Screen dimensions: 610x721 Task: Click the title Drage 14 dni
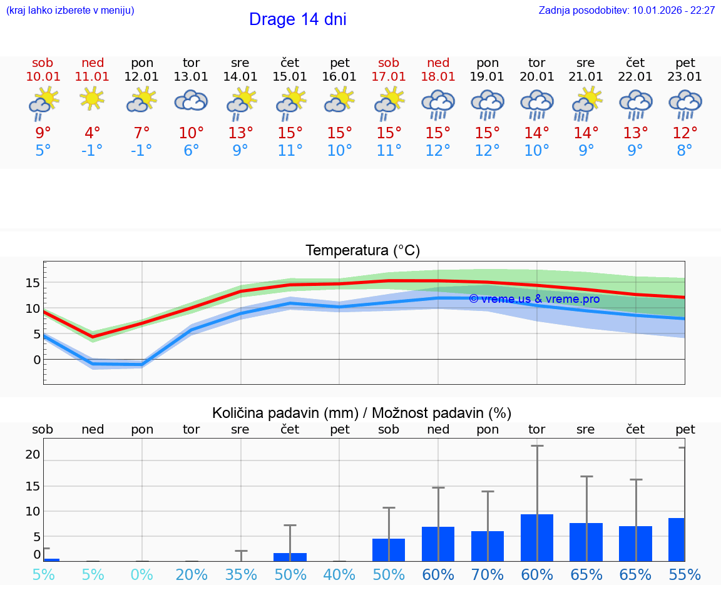(297, 19)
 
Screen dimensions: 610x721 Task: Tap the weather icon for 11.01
(92, 98)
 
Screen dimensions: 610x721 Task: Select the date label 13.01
(191, 76)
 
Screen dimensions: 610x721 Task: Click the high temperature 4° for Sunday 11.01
(92, 133)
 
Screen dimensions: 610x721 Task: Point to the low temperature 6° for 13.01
(191, 150)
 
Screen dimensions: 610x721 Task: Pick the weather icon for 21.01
(586, 103)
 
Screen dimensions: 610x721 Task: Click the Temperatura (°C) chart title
(362, 251)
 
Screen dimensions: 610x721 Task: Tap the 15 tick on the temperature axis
(33, 283)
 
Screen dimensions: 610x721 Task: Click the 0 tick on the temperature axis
(37, 360)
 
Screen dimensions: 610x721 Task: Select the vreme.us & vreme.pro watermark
(534, 299)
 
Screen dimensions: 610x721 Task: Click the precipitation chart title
(362, 413)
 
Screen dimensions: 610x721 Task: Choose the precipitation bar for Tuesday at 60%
(537, 537)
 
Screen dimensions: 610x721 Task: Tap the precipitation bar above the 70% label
(488, 546)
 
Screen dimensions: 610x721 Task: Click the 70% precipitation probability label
(488, 575)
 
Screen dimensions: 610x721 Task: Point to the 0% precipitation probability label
(142, 575)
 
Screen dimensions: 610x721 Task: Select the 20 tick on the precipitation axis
(33, 454)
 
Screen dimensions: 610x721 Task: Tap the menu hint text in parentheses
(70, 11)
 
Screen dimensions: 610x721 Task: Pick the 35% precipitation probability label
(241, 575)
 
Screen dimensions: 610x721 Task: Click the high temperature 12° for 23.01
(685, 133)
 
